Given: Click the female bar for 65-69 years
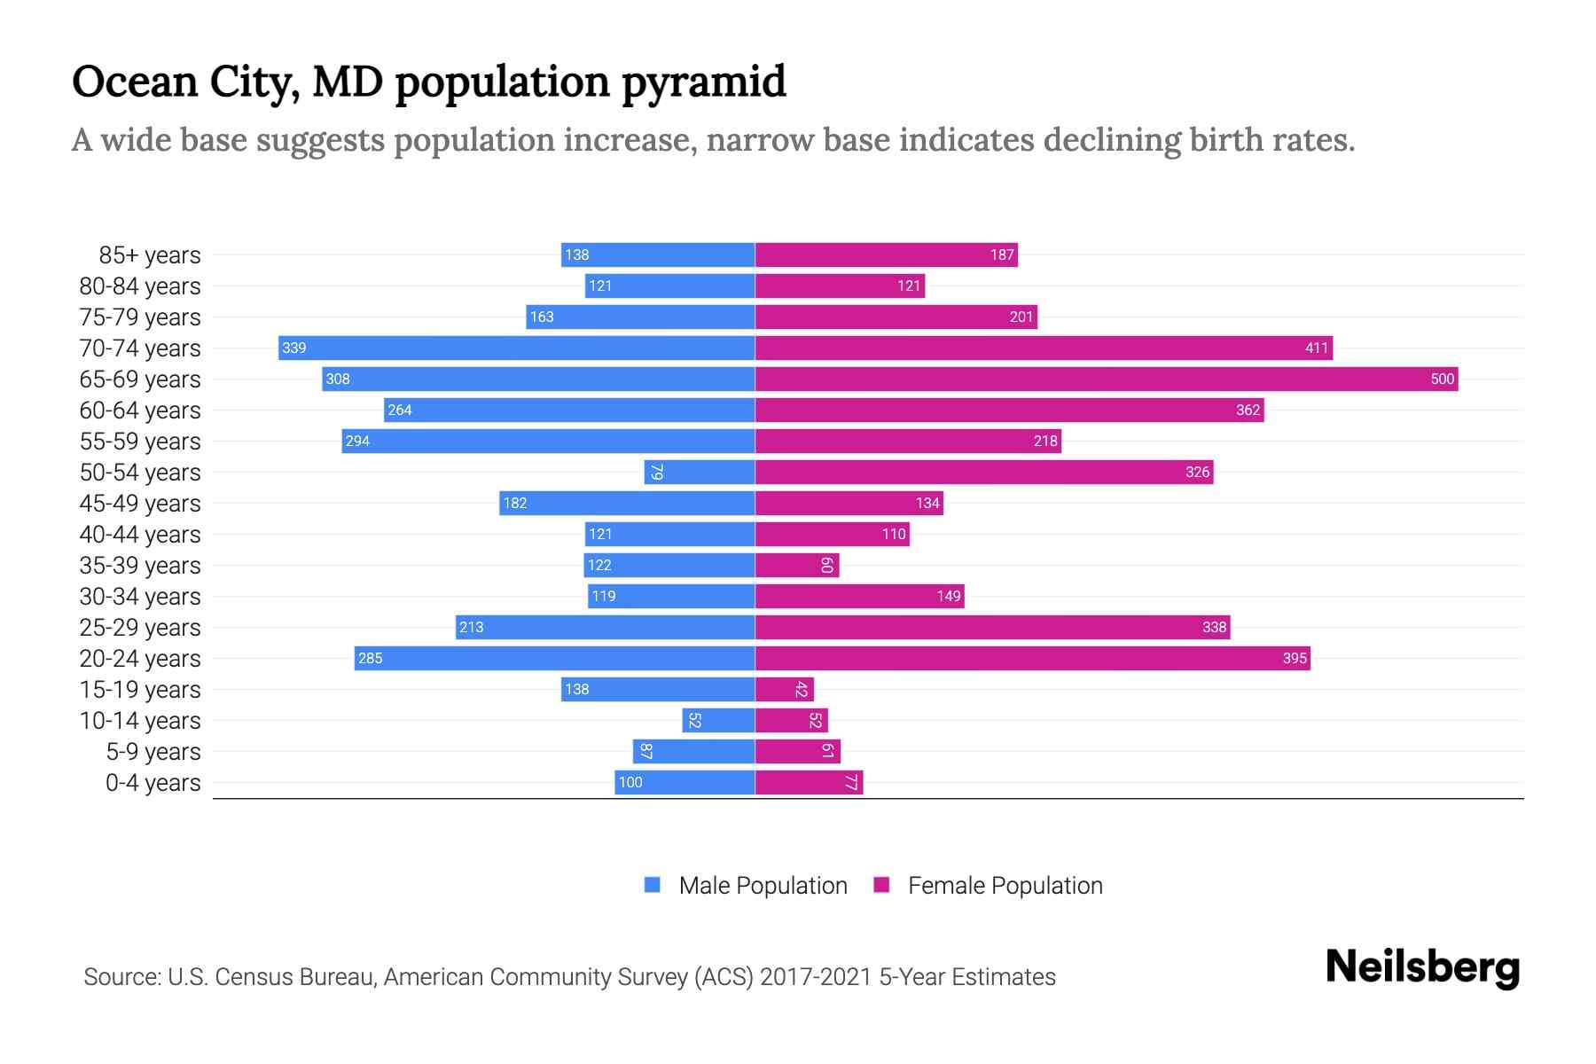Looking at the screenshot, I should click(1106, 379).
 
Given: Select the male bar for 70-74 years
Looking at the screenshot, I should click(516, 348).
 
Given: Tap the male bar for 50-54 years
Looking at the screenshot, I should click(700, 473).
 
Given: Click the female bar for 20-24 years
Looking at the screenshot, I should click(1032, 659).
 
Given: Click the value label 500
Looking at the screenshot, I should click(1442, 379).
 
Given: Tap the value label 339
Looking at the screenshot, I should click(294, 348).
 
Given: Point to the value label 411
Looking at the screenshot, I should click(1316, 348).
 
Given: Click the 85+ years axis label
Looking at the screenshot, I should click(150, 255).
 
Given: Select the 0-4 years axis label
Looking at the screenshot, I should click(153, 783).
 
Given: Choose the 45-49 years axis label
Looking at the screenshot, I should click(140, 504).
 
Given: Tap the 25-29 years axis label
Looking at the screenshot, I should click(140, 628).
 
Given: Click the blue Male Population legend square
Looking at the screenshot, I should click(653, 885).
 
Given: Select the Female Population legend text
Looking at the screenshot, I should click(1005, 886).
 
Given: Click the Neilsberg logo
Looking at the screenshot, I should click(1422, 967).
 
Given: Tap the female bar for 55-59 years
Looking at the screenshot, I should click(908, 442).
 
